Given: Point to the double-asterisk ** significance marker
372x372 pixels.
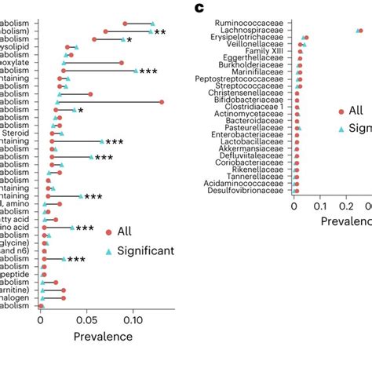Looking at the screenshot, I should coord(160,32).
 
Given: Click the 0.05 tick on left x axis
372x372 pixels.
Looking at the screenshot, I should coord(87,320).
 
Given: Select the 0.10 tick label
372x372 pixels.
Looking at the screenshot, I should coord(133,320).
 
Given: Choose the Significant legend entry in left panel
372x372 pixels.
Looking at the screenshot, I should coord(145,250).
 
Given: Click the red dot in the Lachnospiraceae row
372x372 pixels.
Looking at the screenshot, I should coord(360,31).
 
